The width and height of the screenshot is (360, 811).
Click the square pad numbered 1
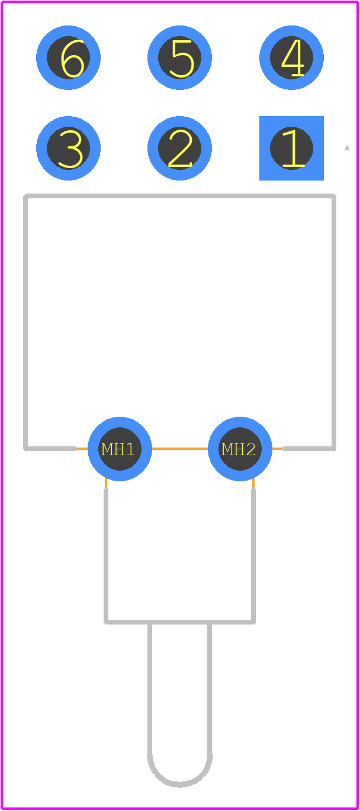click(291, 148)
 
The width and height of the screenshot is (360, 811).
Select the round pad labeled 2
click(179, 148)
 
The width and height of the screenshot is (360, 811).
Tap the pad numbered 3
click(68, 148)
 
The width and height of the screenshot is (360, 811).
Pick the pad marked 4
click(291, 57)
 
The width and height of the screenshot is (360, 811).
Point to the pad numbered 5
click(179, 57)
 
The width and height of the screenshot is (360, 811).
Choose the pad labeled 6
click(68, 57)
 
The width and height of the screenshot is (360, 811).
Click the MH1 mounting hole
click(120, 449)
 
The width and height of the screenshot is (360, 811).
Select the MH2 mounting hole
click(240, 449)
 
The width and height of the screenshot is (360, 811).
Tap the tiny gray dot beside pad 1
click(347, 148)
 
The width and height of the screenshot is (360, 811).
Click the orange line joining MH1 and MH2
click(180, 449)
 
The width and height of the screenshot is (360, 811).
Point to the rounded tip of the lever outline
click(180, 786)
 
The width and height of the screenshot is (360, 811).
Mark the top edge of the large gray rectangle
click(179, 196)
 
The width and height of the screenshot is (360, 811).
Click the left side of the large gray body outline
click(25, 323)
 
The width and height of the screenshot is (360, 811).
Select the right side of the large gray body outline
click(334, 323)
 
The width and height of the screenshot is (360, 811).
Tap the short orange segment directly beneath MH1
click(106, 483)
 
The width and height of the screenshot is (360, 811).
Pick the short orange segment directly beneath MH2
click(253, 483)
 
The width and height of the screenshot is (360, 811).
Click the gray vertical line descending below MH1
click(106, 556)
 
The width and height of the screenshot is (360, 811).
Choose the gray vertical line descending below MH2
click(253, 556)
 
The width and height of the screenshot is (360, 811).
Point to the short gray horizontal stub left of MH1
click(50, 449)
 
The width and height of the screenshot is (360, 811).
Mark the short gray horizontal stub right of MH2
click(309, 449)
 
